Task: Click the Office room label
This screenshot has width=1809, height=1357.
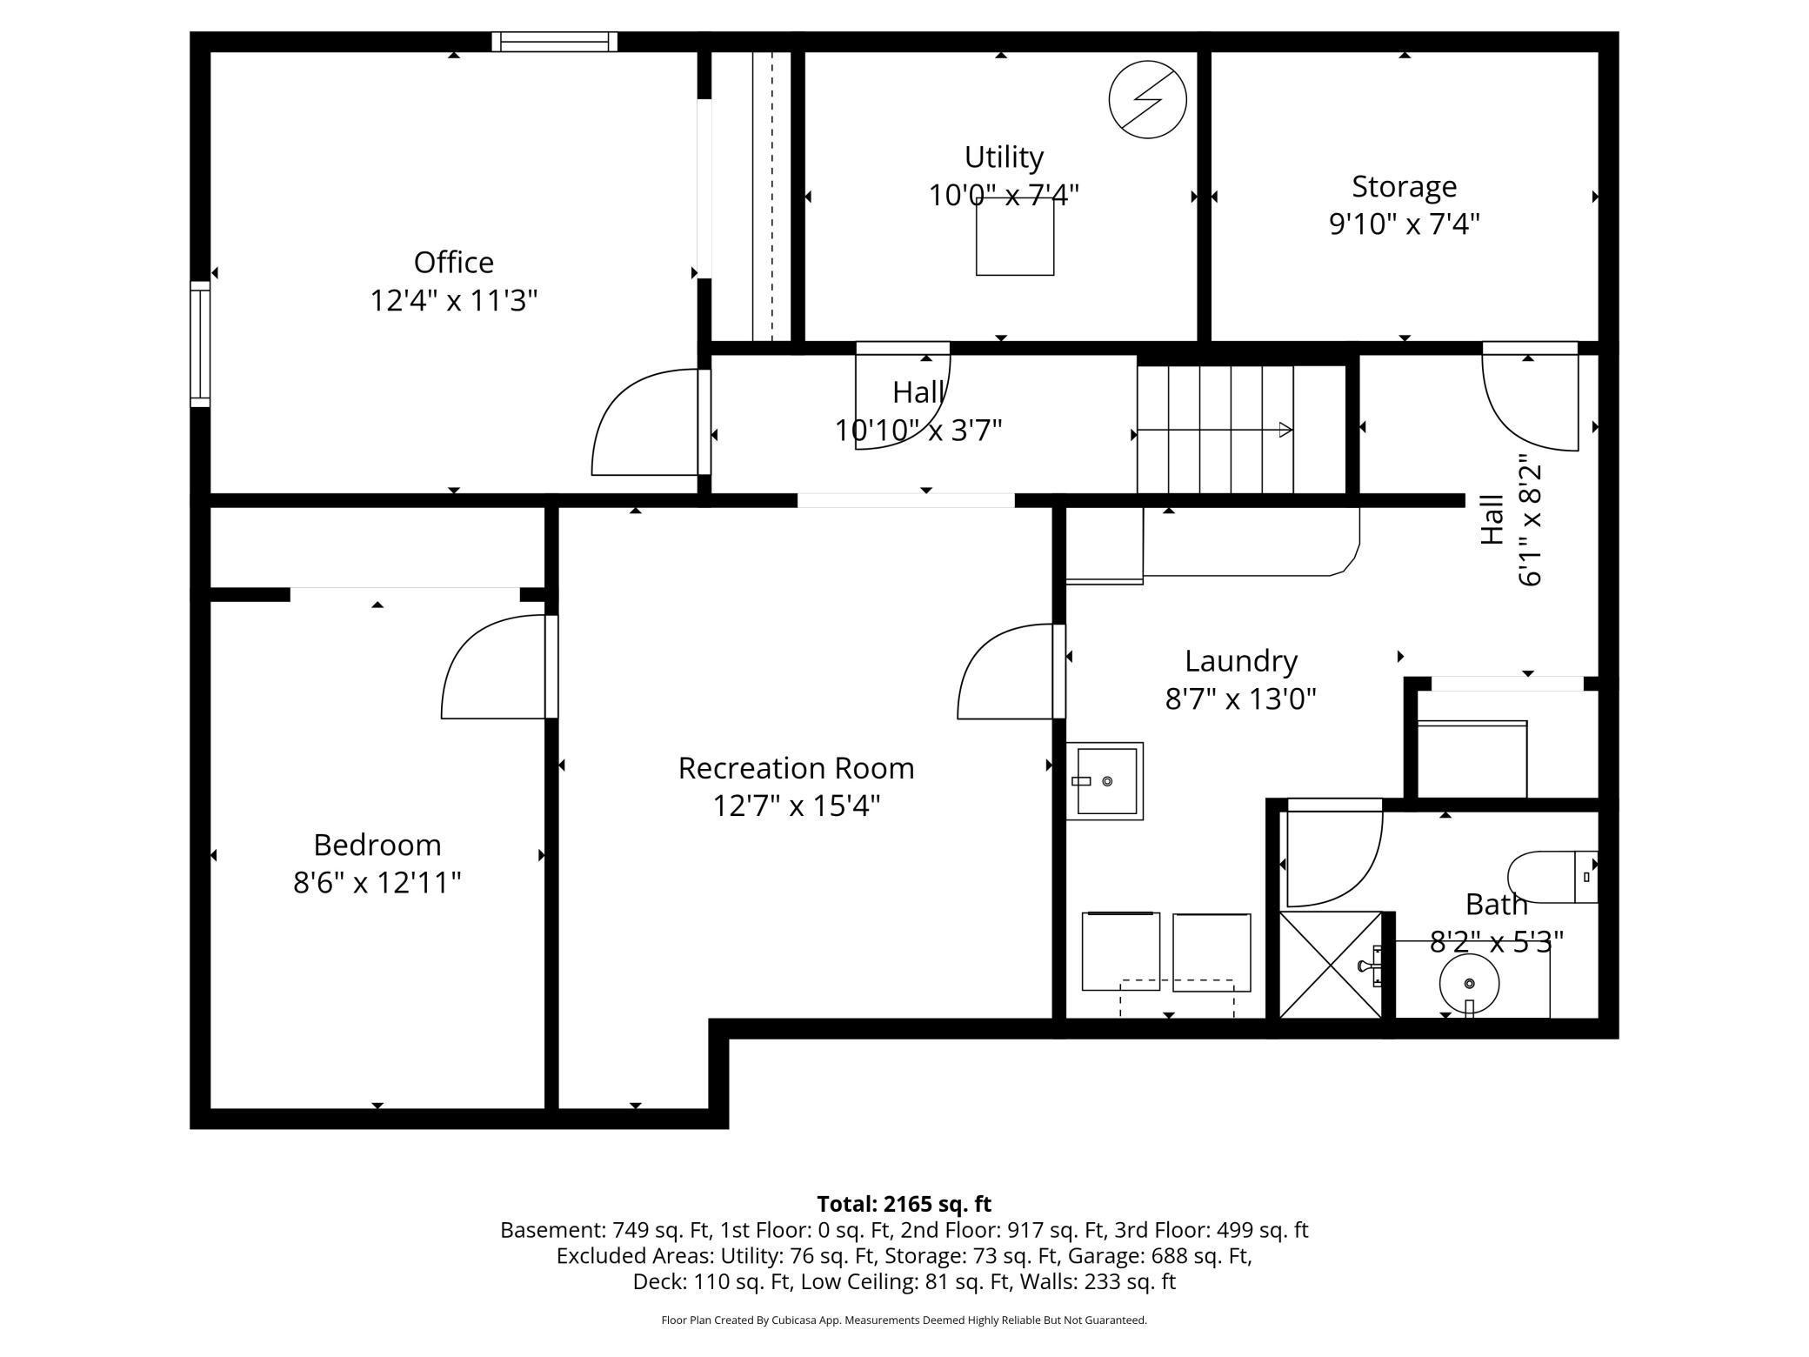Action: pos(453,263)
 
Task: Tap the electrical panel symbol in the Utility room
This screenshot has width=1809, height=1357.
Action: pos(1147,99)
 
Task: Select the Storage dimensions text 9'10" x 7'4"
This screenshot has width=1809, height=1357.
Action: pos(1403,224)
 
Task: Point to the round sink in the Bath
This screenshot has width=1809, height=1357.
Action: pos(1469,984)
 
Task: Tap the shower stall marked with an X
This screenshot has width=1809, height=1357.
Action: pos(1330,965)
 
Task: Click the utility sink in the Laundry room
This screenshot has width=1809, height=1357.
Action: pos(1105,781)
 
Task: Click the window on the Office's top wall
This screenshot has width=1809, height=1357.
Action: pos(554,42)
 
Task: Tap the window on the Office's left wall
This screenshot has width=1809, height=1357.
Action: pos(200,344)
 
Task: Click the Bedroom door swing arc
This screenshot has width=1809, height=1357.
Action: pos(491,668)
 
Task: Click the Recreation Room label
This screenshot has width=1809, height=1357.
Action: pos(796,768)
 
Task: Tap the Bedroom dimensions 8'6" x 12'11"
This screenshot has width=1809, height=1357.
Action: pos(377,883)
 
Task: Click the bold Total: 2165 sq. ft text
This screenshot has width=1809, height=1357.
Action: pos(904,1204)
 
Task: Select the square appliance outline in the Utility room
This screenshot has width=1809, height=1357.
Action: pos(1014,237)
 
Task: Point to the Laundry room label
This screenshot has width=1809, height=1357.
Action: pos(1240,661)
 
